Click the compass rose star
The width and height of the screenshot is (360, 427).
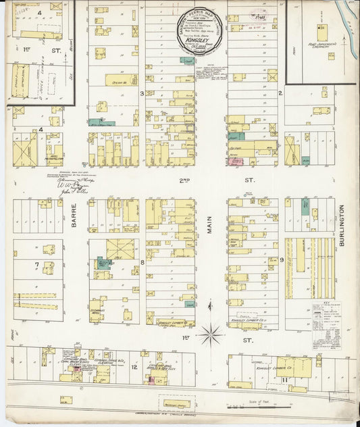211,332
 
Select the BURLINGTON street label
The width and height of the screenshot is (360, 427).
342,230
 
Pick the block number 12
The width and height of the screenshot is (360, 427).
134,367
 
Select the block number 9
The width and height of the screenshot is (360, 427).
280,259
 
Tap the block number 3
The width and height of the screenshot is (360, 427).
141,93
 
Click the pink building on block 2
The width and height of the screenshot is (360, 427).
236,161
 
